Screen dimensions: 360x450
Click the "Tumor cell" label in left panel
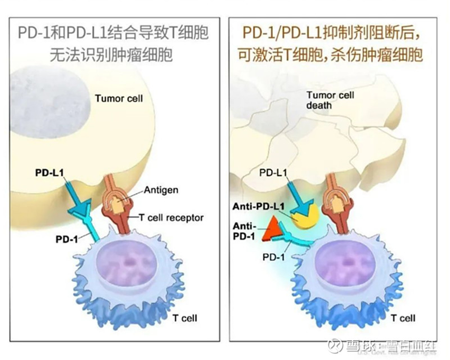click(x=119, y=98)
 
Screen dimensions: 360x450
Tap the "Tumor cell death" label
click(x=330, y=100)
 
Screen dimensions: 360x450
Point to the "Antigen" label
click(x=161, y=190)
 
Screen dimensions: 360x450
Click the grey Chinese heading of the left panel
click(x=112, y=43)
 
